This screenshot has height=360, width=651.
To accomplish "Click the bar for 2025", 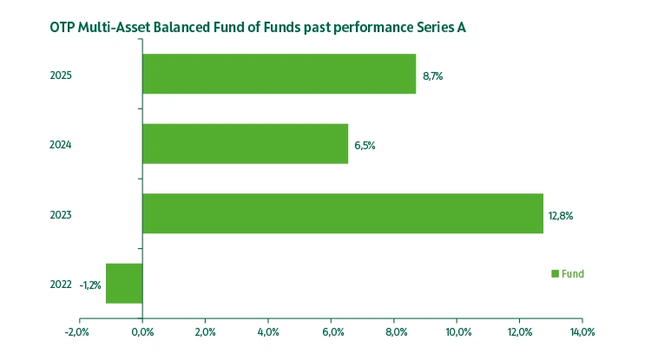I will click(x=279, y=75).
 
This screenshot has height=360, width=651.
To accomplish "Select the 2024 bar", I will click(x=245, y=144).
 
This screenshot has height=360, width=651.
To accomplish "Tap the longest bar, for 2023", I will click(x=343, y=213).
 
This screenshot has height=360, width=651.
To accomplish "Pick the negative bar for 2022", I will click(x=124, y=284).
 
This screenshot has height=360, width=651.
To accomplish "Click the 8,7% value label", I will click(x=433, y=76).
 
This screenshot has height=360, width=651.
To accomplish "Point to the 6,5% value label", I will click(x=365, y=145).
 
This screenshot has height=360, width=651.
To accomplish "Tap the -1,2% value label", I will click(x=90, y=285).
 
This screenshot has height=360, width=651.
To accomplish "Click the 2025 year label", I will click(x=61, y=75).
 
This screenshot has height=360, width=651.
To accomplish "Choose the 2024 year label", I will click(x=61, y=145).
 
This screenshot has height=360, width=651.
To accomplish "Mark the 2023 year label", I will click(x=61, y=214).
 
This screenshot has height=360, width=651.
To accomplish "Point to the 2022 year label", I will click(x=61, y=285).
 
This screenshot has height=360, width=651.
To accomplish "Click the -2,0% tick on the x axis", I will click(x=77, y=332).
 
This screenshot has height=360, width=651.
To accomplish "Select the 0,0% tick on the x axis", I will click(x=142, y=332).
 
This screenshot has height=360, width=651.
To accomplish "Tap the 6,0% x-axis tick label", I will click(x=332, y=332).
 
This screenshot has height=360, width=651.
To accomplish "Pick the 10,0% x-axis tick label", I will click(x=457, y=332).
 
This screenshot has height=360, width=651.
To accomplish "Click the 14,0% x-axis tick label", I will click(x=582, y=332).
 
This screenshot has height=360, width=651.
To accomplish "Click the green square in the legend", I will click(x=556, y=274).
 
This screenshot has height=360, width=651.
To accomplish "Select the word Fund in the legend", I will click(x=573, y=274).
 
